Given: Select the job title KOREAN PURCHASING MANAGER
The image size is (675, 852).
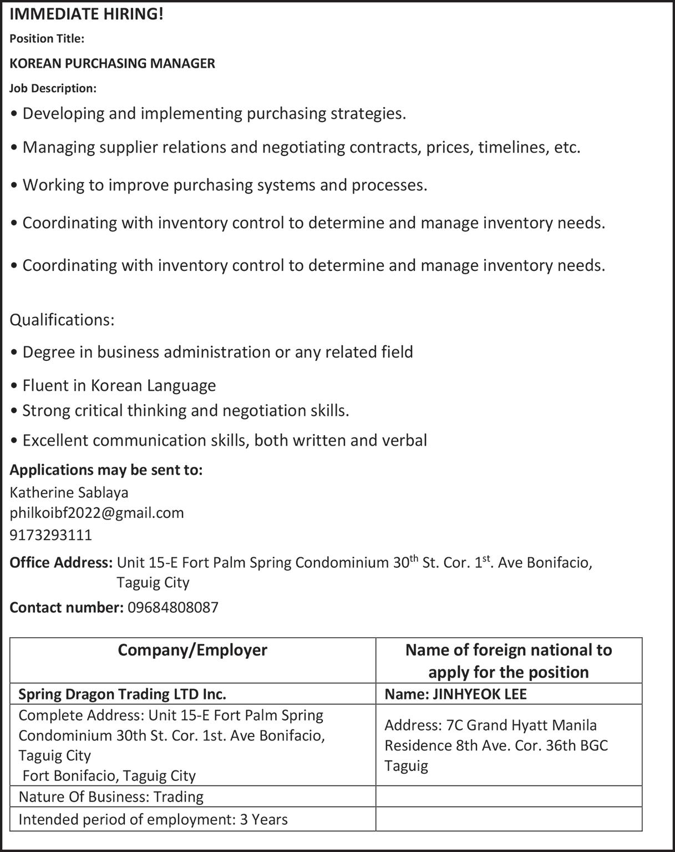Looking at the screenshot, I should (x=112, y=63).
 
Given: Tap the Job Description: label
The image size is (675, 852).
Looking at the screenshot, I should (x=53, y=88).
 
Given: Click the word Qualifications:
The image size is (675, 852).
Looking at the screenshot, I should (x=62, y=320).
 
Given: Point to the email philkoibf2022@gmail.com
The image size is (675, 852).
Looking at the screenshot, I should (x=97, y=512).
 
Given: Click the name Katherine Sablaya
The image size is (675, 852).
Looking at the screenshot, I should (x=69, y=492).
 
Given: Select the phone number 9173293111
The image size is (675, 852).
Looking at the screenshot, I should (x=51, y=535).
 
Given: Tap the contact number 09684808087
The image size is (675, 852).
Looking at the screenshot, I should (x=173, y=607).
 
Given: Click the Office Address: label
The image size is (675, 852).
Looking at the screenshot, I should (x=61, y=563).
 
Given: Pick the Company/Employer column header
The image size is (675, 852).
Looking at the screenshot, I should (x=192, y=650).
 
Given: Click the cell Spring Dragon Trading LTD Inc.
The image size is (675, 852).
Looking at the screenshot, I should (x=122, y=694).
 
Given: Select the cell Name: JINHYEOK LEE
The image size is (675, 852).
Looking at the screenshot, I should (x=455, y=694).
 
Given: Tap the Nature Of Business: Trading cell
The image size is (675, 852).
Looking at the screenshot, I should (x=111, y=796).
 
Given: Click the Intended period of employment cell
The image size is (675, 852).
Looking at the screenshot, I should (x=153, y=819).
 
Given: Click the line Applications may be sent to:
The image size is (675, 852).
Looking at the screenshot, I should (x=106, y=470).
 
